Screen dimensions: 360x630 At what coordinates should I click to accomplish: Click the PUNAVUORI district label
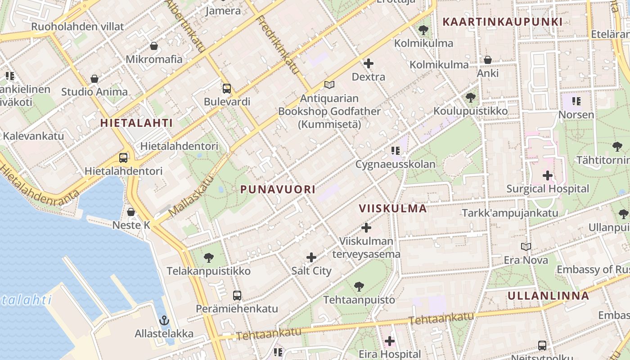click(x=278, y=189)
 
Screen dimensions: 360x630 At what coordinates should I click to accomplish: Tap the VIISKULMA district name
click(x=393, y=208)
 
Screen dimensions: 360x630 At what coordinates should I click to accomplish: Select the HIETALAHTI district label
click(x=136, y=123)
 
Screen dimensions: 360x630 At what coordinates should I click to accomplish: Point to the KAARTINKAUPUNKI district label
click(x=502, y=22)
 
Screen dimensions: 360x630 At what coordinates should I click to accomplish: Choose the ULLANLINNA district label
click(x=548, y=296)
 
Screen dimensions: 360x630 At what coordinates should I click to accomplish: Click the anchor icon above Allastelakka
click(x=164, y=320)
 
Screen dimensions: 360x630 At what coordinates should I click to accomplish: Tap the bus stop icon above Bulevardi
click(x=227, y=89)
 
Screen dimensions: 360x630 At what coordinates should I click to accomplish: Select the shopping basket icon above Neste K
click(x=131, y=211)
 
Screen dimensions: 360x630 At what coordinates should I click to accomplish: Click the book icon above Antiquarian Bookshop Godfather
click(x=329, y=85)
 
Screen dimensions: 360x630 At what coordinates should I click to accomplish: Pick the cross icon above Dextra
click(x=368, y=63)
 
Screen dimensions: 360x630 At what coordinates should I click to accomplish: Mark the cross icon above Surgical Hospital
click(x=548, y=175)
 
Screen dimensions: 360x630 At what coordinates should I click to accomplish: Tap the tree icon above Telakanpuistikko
click(x=208, y=258)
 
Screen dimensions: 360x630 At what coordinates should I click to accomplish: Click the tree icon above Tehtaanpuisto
click(x=359, y=286)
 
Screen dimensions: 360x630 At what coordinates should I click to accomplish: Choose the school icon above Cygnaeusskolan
click(x=396, y=151)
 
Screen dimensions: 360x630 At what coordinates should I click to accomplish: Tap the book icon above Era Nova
click(x=526, y=247)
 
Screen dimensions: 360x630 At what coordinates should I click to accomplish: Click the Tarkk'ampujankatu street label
click(x=510, y=213)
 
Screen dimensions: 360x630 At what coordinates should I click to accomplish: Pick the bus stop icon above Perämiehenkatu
click(x=237, y=296)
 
